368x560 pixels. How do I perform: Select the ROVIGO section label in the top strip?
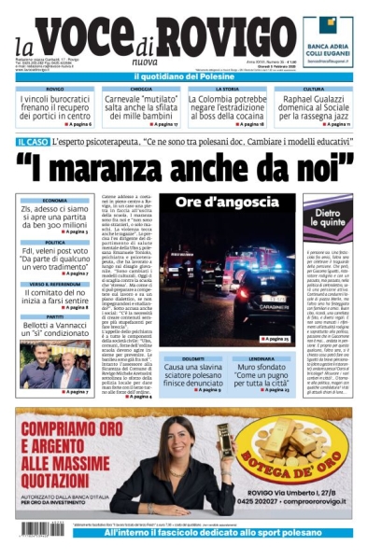pyautogui.click(x=54, y=89)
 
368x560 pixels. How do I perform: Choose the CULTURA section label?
pyautogui.click(x=314, y=89)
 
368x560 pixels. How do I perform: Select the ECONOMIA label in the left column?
pyautogui.click(x=54, y=201)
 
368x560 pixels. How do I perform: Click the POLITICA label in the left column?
pyautogui.click(x=54, y=242)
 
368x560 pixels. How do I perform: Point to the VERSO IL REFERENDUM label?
pyautogui.click(x=54, y=284)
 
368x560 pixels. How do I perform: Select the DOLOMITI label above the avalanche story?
pyautogui.click(x=192, y=358)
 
